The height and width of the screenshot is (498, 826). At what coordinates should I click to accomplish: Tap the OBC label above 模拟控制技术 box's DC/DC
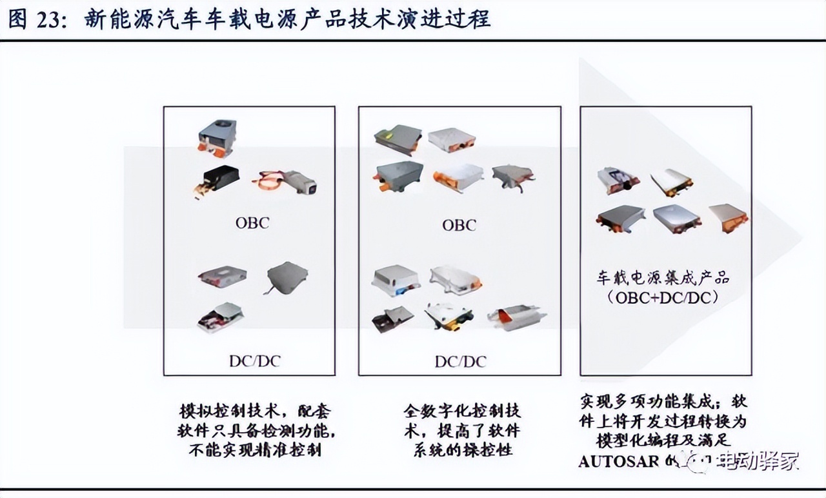pyautogui.click(x=252, y=223)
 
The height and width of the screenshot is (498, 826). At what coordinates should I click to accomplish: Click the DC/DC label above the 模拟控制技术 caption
pyautogui.click(x=254, y=361)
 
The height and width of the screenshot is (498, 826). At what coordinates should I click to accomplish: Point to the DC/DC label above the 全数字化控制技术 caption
pyautogui.click(x=459, y=361)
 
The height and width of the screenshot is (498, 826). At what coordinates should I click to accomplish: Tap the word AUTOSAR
pyautogui.click(x=618, y=462)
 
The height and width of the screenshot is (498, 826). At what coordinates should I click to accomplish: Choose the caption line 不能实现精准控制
pyautogui.click(x=255, y=450)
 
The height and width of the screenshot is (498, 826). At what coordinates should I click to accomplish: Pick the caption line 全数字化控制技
pyautogui.click(x=462, y=412)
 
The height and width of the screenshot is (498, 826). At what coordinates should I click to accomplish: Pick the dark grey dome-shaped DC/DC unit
pyautogui.click(x=287, y=276)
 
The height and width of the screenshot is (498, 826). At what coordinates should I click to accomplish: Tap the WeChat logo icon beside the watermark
pyautogui.click(x=700, y=461)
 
